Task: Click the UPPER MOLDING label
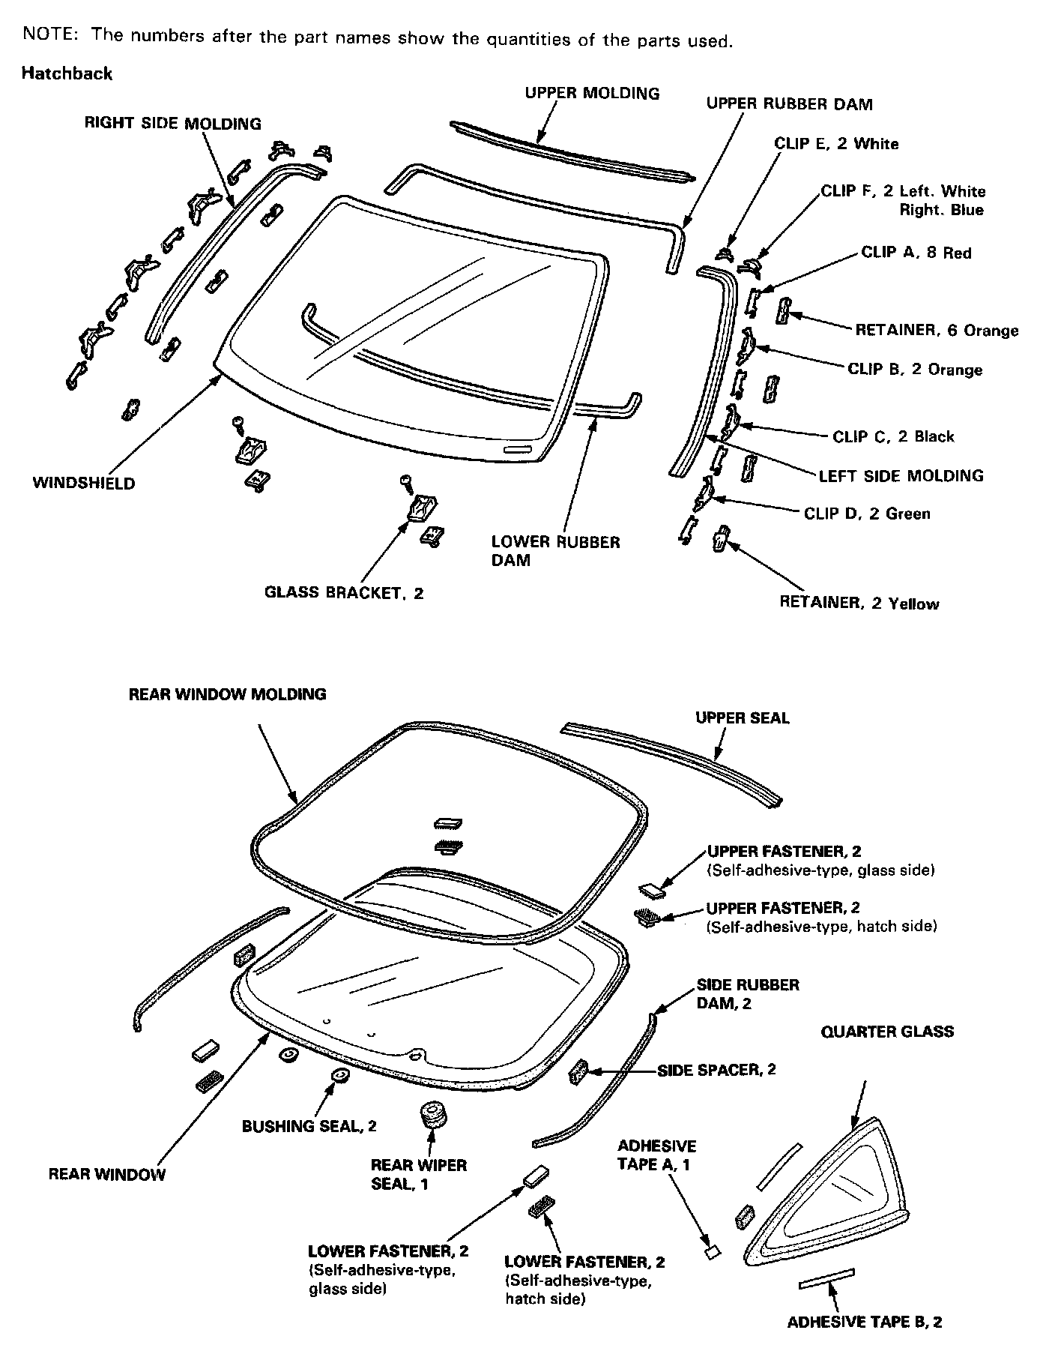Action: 592,94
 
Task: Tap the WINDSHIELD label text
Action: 84,484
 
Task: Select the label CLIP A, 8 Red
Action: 916,253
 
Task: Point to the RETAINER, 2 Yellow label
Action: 859,604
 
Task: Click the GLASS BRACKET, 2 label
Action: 344,593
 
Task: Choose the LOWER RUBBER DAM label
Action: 555,551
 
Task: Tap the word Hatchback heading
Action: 67,73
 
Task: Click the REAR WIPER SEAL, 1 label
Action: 419,1174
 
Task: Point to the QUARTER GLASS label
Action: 887,1032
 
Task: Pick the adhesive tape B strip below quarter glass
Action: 826,1279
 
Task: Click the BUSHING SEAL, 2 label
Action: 309,1126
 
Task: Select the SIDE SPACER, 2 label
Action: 716,1070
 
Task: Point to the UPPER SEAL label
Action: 742,718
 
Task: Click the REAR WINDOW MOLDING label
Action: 227,694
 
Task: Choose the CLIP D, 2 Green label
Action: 866,514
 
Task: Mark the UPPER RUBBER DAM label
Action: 789,104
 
